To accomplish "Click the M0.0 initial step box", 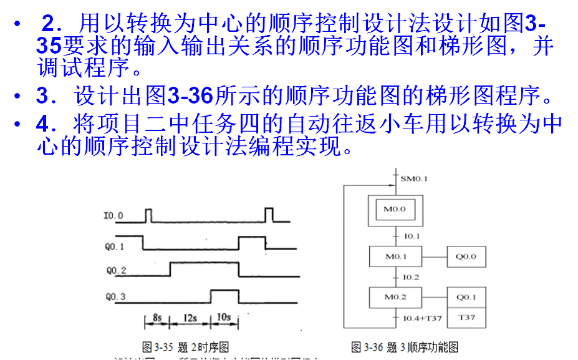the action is tap(394, 210).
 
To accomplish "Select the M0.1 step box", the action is tap(395, 256).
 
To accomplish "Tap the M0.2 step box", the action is tap(395, 297).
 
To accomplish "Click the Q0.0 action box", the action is tap(466, 256).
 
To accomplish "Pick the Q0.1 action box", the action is tap(466, 297).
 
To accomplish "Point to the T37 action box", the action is tap(466, 318).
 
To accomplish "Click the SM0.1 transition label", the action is tap(413, 179).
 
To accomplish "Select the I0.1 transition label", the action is tap(412, 236).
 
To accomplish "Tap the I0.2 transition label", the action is tap(412, 277).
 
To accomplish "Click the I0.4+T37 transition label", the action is tap(422, 318).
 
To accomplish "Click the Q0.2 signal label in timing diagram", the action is tap(116, 270).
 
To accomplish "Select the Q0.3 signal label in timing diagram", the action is tap(115, 296).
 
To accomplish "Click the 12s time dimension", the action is tap(190, 318).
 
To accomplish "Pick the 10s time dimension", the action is tap(224, 318).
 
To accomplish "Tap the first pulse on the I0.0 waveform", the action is tap(148, 215).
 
